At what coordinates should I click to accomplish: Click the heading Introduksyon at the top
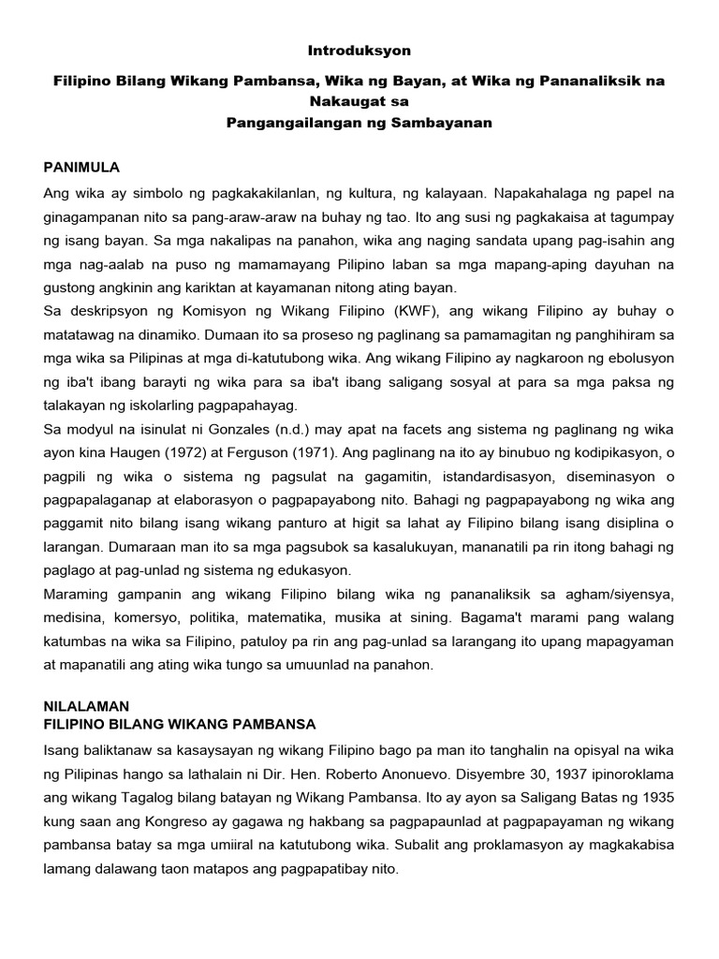pyautogui.click(x=359, y=50)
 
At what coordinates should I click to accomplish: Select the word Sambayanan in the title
pyautogui.click(x=439, y=122)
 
